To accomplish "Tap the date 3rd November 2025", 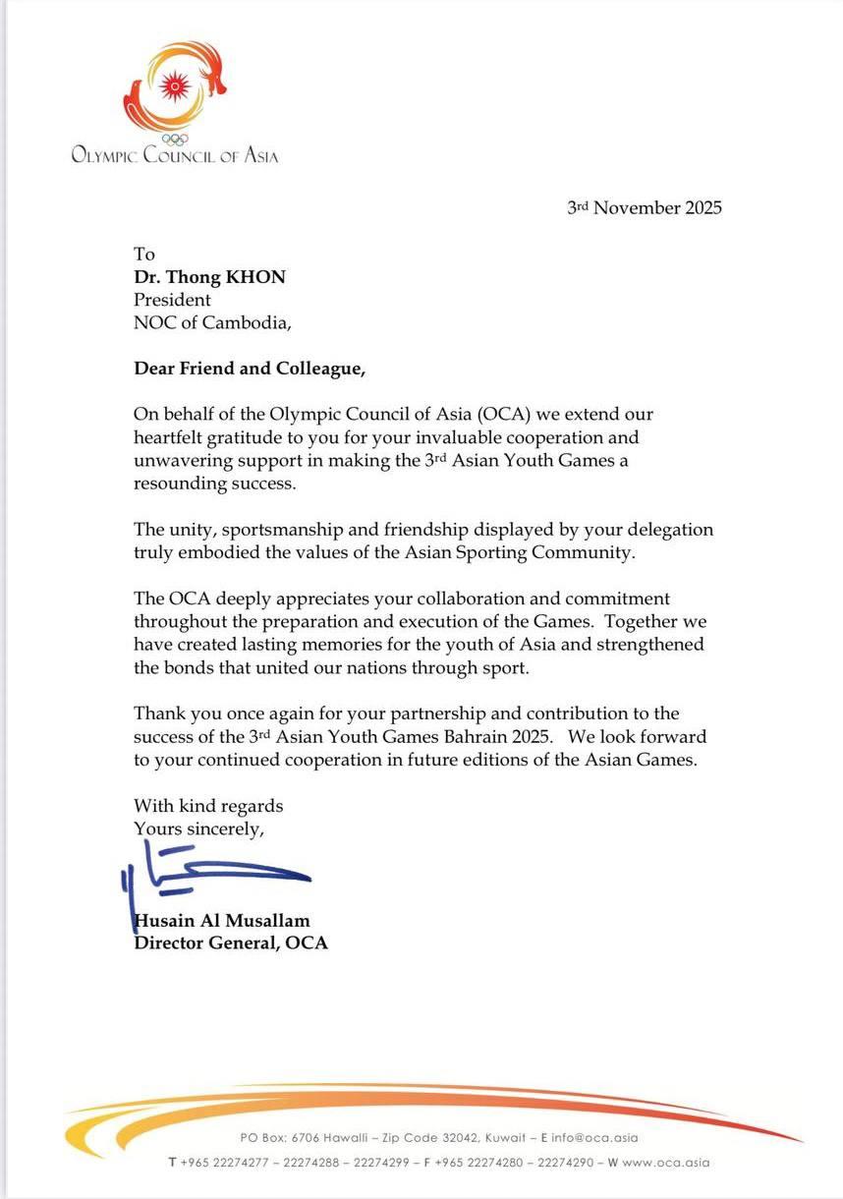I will (644, 207).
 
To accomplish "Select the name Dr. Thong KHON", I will (209, 277).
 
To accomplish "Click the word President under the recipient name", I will (172, 299).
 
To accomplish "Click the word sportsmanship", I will (275, 531).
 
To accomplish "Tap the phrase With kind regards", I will (208, 806).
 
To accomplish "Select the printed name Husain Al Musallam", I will (221, 922).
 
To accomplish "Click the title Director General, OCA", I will (231, 943).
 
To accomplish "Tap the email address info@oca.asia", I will (595, 1138).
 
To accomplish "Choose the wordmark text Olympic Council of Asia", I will (175, 154).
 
